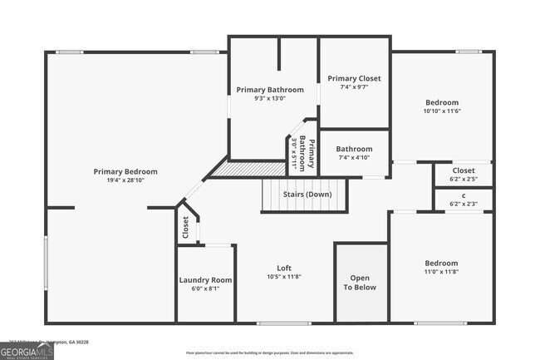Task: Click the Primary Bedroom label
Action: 125,171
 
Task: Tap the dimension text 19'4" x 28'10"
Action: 125,180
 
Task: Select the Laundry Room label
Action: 205,279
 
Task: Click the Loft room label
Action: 284,268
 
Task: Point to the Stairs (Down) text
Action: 307,195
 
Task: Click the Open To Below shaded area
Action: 361,283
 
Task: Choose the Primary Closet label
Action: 354,78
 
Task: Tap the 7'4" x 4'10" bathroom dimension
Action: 354,158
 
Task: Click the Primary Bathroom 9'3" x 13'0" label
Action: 270,90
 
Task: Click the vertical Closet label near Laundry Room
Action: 185,227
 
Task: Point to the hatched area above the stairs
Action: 237,169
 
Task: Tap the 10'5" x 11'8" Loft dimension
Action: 284,277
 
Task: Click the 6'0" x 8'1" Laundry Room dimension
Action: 205,289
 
